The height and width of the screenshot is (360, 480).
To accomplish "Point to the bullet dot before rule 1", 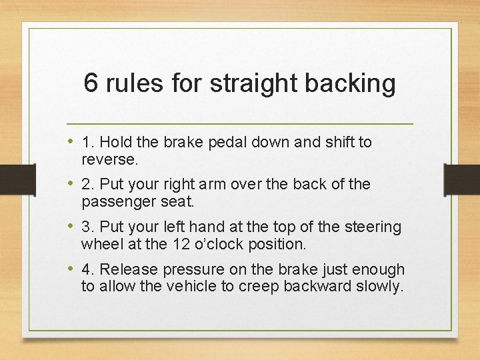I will tap(71, 141).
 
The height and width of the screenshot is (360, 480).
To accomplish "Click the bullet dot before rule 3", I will tap(71, 227).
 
